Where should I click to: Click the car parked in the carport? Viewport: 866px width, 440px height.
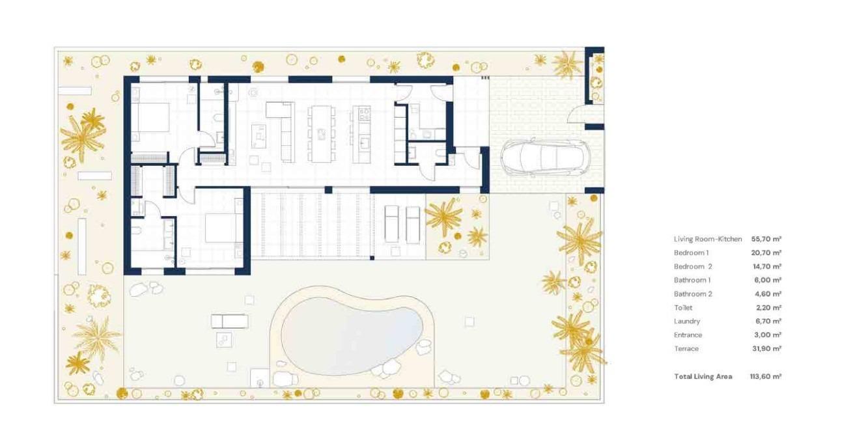pos(544,158)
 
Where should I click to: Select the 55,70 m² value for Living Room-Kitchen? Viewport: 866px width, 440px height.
pos(766,239)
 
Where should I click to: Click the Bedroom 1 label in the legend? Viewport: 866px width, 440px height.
pos(691,253)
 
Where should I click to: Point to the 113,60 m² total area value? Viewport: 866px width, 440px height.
pos(766,376)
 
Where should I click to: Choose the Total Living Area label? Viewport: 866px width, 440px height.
pos(703,376)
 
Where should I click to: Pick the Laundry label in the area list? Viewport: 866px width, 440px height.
pos(687,322)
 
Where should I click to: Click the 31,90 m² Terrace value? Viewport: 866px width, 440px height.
pos(766,349)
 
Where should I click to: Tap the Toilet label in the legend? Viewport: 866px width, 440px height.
pos(683,308)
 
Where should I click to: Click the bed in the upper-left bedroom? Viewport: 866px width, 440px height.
pos(152,118)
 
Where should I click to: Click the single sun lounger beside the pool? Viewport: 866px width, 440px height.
pos(229,321)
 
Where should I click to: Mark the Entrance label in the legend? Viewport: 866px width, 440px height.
pos(688,335)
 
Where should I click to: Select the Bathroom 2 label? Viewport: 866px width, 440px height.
pos(693,294)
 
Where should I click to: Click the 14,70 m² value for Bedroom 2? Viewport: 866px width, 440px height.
pos(766,266)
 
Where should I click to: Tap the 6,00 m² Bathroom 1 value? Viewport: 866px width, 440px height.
pos(766,280)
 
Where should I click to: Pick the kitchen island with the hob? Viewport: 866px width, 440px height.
pos(361,133)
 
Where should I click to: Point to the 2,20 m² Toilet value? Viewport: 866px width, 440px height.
pos(766,308)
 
